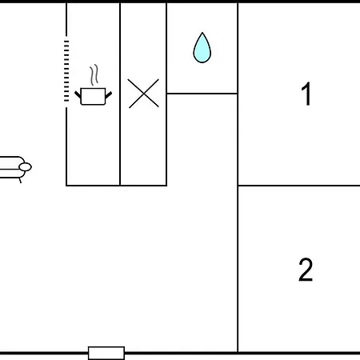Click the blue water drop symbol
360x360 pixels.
coord(202,48)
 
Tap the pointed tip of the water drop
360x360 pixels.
coord(202,33)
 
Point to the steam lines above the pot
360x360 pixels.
coord(94,74)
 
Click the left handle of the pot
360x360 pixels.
coord(78,94)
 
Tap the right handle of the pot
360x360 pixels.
coord(109,94)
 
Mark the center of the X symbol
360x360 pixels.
coord(143,94)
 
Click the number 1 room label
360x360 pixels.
coord(306,94)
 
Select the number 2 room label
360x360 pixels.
coord(306,270)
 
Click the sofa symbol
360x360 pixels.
coord(14,167)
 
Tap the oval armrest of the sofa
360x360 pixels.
coord(26,167)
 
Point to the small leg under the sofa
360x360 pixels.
coord(20,181)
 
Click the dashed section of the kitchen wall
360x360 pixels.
coord(66,71)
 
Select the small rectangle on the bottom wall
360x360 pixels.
coord(106,353)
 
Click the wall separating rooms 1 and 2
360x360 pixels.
coord(299,186)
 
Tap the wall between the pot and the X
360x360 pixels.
coord(120,94)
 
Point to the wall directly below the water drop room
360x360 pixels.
coord(202,94)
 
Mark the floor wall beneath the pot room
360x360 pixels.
coord(93,186)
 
